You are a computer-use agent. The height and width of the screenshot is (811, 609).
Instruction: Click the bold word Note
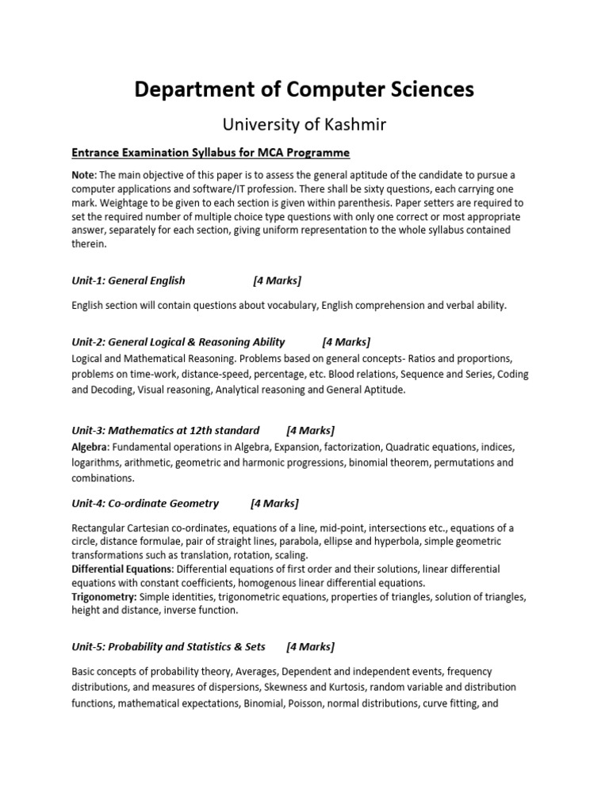pyautogui.click(x=84, y=174)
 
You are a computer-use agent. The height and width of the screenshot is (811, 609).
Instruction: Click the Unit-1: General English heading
pyautogui.click(x=128, y=280)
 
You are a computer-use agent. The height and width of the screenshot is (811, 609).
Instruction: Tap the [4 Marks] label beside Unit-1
pyautogui.click(x=278, y=280)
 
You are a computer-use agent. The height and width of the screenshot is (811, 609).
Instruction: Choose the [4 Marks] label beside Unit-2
pyautogui.click(x=347, y=342)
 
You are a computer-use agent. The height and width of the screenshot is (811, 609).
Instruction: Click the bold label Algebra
pyautogui.click(x=89, y=447)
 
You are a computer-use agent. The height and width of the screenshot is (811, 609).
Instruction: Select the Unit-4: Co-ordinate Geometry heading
pyautogui.click(x=144, y=503)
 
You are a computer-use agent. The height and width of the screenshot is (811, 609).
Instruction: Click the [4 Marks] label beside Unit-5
pyautogui.click(x=311, y=647)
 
